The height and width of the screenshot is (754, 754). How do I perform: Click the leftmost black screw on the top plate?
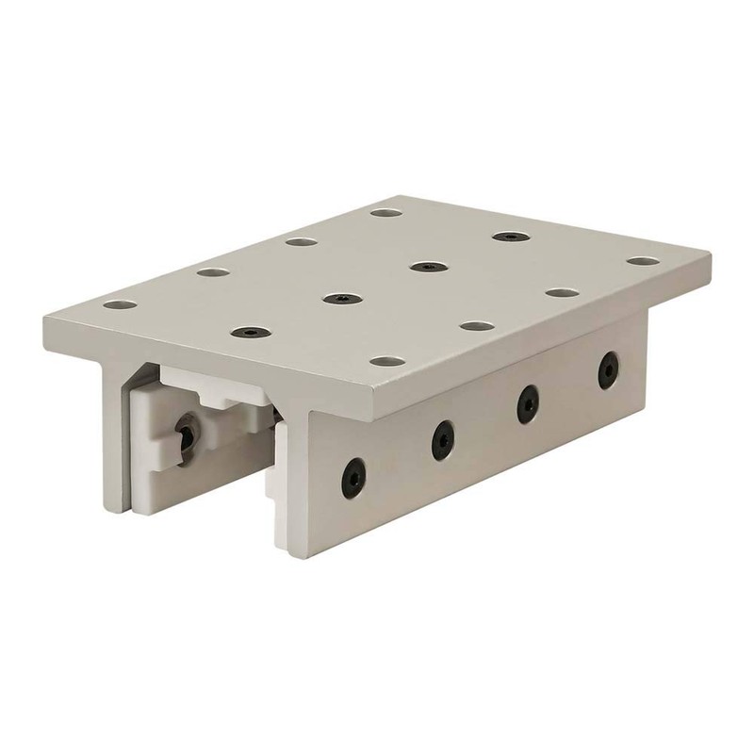pyautogui.click(x=247, y=333)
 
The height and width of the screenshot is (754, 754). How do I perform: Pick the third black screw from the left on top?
pyautogui.click(x=425, y=267)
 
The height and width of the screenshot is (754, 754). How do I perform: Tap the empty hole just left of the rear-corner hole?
pyautogui.click(x=301, y=242)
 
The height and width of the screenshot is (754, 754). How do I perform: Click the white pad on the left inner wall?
pyautogui.click(x=160, y=452)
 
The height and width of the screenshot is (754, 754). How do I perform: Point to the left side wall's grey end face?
pyautogui.click(x=114, y=443)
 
